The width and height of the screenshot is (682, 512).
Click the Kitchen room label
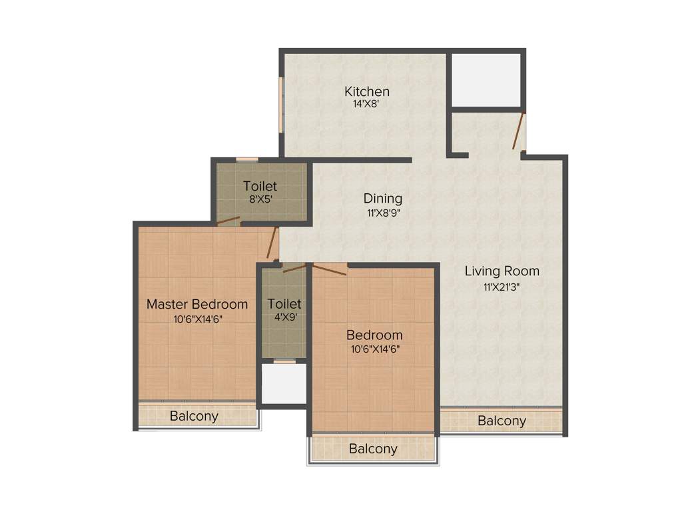(x=366, y=91)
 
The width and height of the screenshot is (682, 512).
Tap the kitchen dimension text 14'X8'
(x=366, y=104)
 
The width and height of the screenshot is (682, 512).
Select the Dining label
(x=382, y=199)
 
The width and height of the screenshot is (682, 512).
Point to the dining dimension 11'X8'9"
(x=382, y=213)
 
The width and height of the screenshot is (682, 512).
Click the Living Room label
(x=502, y=271)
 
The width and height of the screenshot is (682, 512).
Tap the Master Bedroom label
(x=196, y=304)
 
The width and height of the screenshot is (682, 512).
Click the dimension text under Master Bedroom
(x=196, y=319)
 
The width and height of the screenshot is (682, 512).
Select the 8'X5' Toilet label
(x=260, y=186)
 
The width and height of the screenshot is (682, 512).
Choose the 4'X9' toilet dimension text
(x=284, y=317)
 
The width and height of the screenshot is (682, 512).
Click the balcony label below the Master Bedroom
(x=193, y=417)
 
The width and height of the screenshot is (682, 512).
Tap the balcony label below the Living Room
(x=502, y=421)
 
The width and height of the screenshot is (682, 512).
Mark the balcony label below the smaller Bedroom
(x=372, y=449)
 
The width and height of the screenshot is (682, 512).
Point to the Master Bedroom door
(x=272, y=243)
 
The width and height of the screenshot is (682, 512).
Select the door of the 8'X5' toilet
(x=228, y=221)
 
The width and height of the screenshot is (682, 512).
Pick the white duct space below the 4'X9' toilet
(x=283, y=383)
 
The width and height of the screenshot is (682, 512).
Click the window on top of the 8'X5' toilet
(x=247, y=159)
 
